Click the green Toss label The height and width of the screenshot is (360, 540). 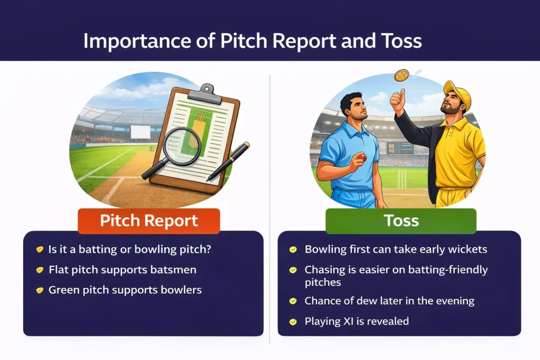coord(401,220)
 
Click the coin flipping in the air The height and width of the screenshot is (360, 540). coord(401,76)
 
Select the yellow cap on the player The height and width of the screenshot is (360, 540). coord(456,93)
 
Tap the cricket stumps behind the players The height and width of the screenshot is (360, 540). coord(402,178)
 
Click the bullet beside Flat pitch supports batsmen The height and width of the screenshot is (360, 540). coord(39,270)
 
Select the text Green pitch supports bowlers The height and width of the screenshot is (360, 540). coord(125,290)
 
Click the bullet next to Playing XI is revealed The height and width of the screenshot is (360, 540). coord(293,321)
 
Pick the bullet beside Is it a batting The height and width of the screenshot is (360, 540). coord(39,249)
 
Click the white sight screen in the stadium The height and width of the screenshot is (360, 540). coord(140,132)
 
